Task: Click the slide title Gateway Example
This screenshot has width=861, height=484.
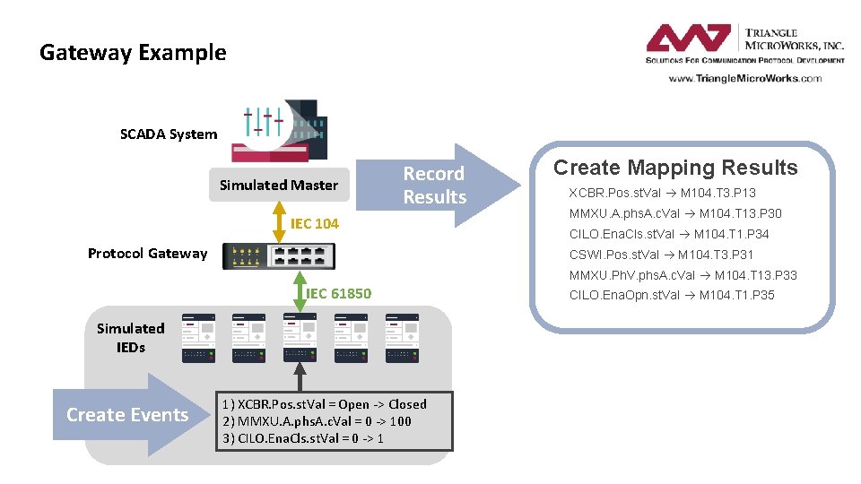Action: (133, 53)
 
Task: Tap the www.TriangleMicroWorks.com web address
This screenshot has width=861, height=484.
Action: (744, 78)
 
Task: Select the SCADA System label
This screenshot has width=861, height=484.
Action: (169, 134)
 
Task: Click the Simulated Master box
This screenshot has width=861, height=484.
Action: (279, 186)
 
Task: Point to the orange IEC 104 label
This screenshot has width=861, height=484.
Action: (314, 223)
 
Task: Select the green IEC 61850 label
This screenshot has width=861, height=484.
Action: (339, 294)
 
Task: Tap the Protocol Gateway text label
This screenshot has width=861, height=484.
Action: (147, 254)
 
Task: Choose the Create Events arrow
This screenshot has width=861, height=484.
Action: (128, 415)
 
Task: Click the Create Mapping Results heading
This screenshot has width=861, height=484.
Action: (674, 168)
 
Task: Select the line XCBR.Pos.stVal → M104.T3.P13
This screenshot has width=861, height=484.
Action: (662, 193)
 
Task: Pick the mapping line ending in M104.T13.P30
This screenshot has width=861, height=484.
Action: (674, 213)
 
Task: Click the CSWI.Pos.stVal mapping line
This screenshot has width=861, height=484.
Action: (662, 255)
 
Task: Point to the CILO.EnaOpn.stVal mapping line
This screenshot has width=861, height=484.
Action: (672, 295)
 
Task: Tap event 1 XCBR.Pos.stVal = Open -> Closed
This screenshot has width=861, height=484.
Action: (324, 404)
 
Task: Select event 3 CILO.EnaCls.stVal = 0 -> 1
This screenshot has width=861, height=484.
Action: (303, 438)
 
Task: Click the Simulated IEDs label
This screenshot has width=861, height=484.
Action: (131, 338)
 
